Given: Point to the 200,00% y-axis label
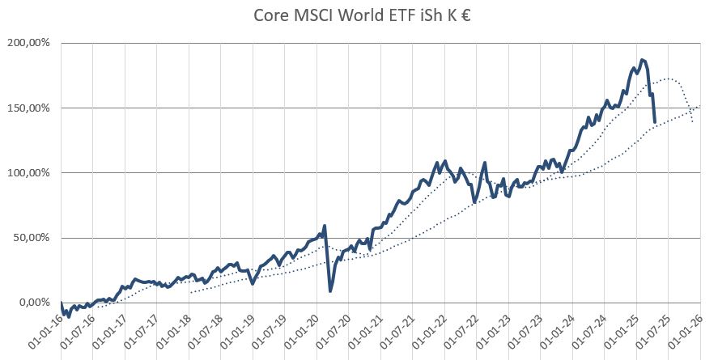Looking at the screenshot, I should coord(29,43).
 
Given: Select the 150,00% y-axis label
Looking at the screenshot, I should coord(29,108).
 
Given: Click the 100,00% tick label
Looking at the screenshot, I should coord(29,173).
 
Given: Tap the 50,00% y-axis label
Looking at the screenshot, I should coord(32,238).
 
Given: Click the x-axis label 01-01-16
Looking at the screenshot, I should coord(45,331).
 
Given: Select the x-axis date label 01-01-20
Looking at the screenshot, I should coord(300,331).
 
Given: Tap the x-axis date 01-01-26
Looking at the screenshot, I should coord(684,331).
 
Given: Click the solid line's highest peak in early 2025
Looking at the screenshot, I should coord(642,60).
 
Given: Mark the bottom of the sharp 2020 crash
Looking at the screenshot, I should coord(330,290).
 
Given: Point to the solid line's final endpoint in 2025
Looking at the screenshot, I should coord(654,122).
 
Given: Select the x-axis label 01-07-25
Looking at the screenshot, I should coord(652,331).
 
